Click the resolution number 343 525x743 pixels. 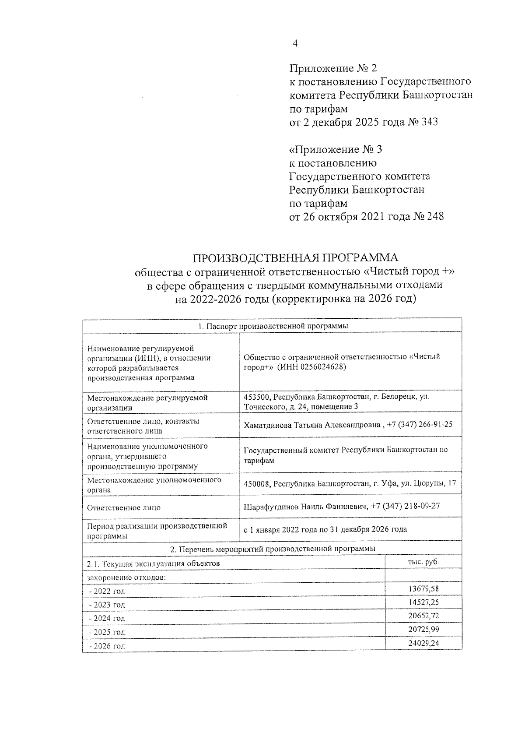click(429, 122)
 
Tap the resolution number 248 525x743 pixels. click(434, 217)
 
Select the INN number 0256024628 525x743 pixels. click(323, 367)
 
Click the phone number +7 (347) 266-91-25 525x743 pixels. click(420, 425)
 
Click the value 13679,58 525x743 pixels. click(423, 588)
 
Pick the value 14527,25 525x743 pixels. click(423, 602)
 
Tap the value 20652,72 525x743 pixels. click(423, 616)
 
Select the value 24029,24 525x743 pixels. click(423, 643)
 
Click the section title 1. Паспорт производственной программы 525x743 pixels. click(272, 326)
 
